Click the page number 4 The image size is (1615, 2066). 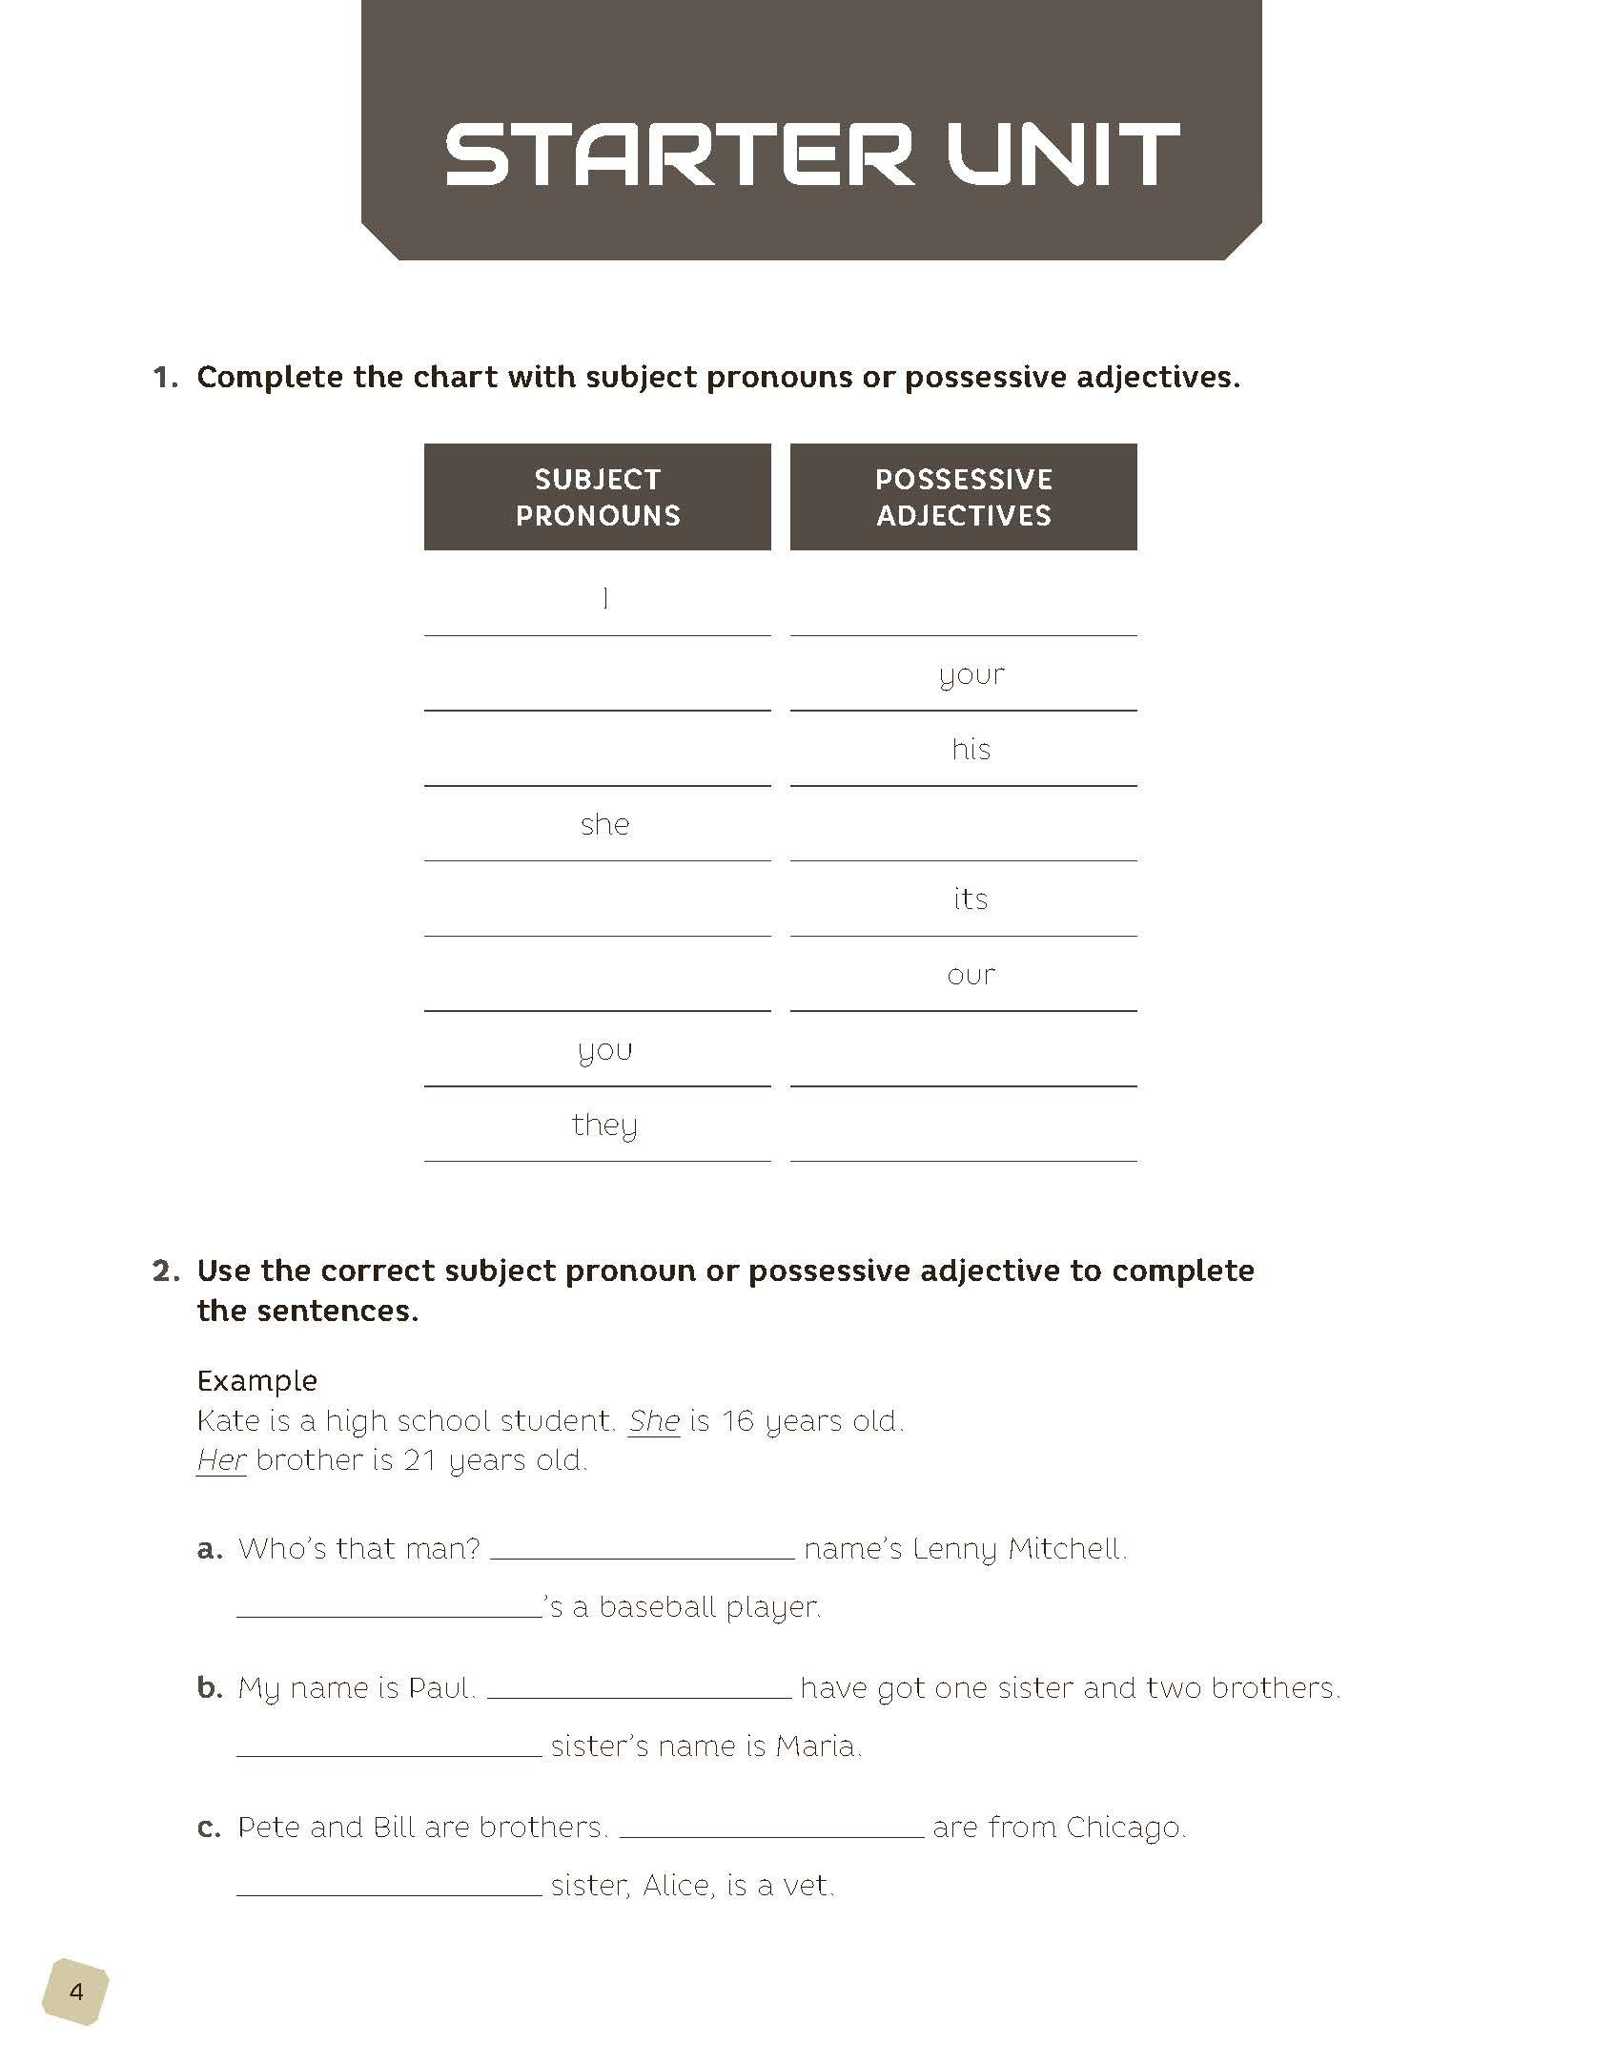tap(75, 1992)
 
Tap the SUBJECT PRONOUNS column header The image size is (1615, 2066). tap(598, 497)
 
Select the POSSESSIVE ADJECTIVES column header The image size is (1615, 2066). tap(964, 497)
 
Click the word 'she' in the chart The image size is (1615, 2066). tap(605, 824)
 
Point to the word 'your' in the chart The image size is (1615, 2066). tap(971, 675)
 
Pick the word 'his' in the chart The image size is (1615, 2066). tap(971, 750)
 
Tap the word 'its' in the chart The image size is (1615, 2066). tap(971, 899)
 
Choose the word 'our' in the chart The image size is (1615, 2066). tap(971, 975)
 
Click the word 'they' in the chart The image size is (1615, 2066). tap(604, 1126)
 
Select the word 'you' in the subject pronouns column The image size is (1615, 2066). tap(605, 1051)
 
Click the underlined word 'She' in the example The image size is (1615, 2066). tap(654, 1420)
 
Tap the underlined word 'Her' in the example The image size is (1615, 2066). tap(221, 1459)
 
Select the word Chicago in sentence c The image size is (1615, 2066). tap(1126, 1827)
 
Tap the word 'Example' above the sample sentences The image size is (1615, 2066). tap(257, 1380)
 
